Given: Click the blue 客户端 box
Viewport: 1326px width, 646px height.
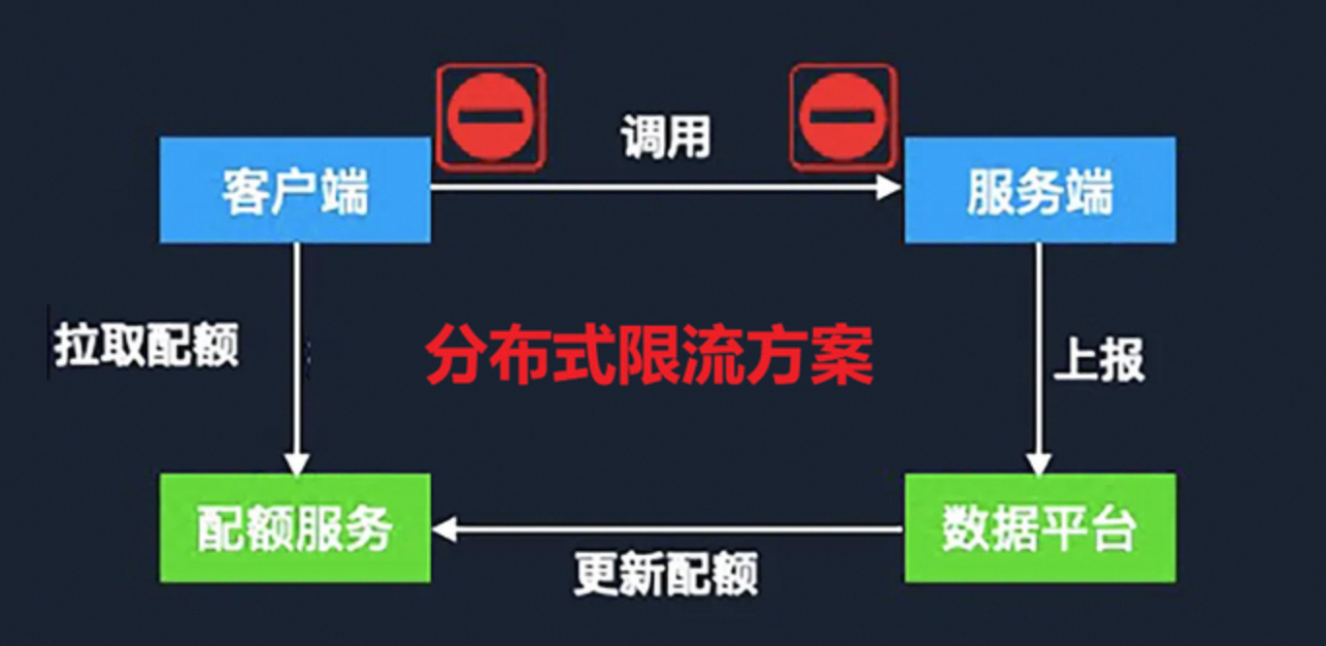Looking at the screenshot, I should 295,190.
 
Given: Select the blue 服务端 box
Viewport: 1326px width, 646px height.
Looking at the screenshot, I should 1040,190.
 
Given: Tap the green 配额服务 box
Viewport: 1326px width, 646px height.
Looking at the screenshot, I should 295,529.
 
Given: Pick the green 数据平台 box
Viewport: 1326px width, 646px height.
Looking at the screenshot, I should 1040,529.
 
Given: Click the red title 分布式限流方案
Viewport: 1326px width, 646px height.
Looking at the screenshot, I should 648,357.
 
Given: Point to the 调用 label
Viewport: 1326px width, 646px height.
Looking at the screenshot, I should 667,139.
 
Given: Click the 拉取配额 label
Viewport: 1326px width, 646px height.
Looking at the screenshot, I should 147,344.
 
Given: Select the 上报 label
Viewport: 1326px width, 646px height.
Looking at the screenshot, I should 1100,360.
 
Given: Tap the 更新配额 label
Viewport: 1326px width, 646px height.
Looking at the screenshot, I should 666,574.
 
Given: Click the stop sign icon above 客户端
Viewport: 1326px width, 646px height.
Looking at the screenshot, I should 491,114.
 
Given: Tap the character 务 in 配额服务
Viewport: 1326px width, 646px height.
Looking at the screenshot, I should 368,530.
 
